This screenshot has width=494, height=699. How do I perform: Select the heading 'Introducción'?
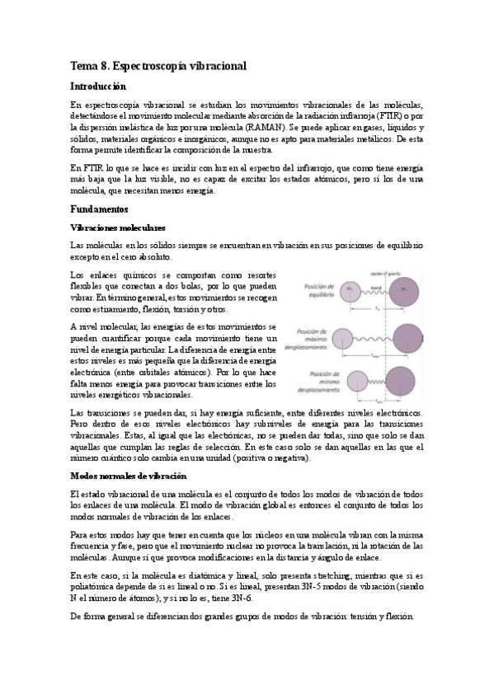[99, 86]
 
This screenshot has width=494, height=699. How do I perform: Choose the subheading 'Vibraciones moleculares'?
[118, 227]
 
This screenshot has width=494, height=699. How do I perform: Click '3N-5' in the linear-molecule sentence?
[302, 585]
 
